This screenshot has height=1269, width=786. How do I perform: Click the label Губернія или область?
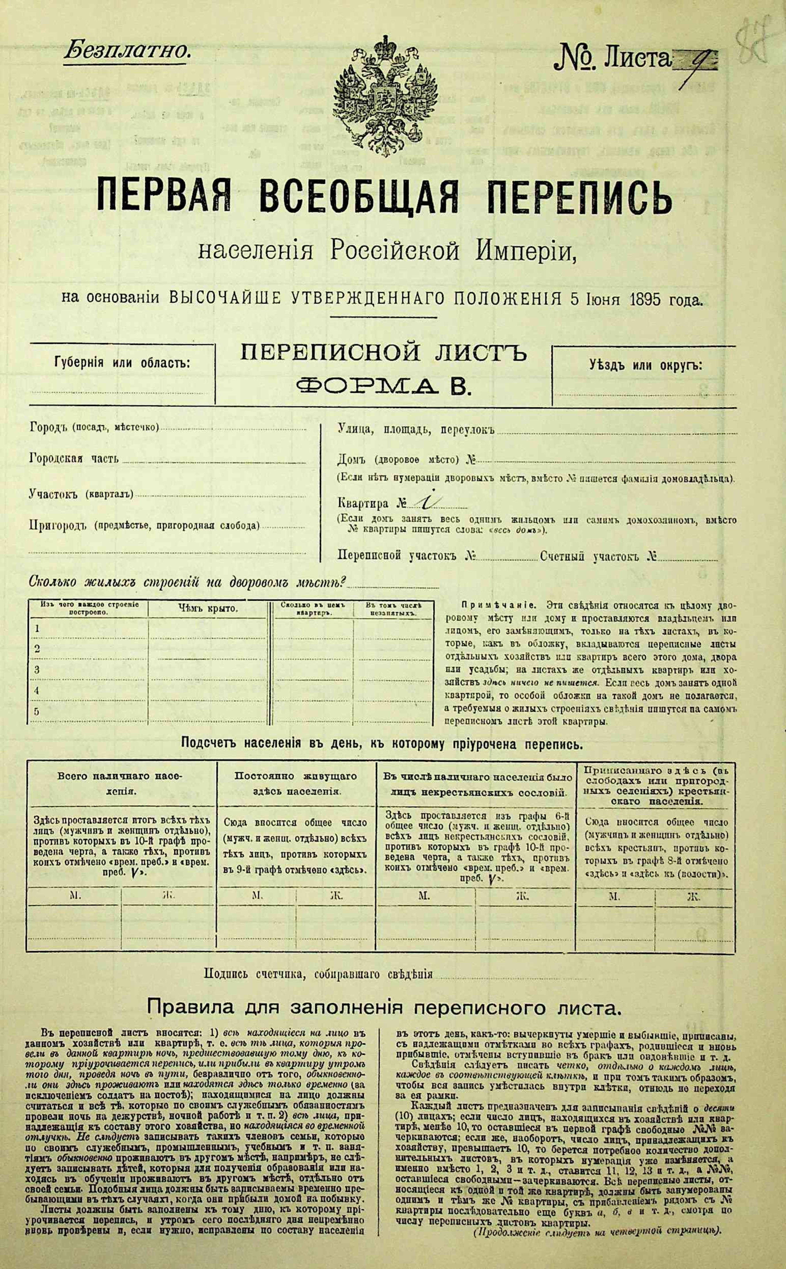122,363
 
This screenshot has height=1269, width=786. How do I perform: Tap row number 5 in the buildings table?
37,712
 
